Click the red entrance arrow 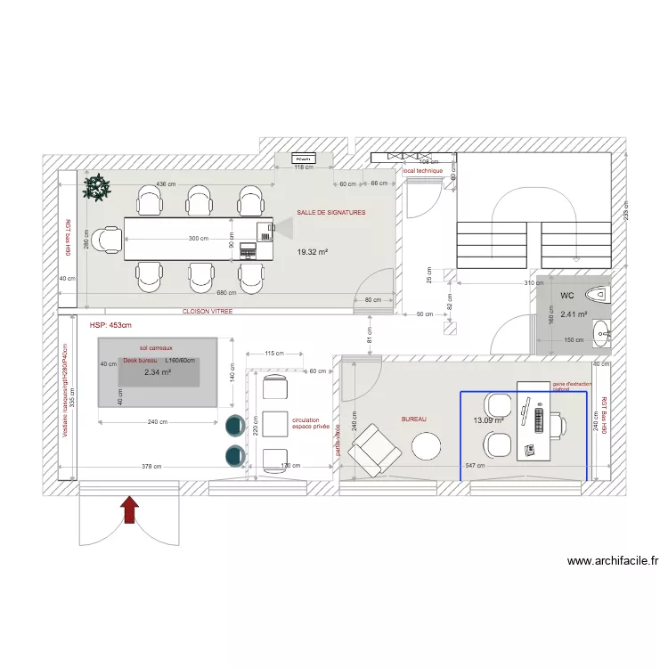[x=130, y=509]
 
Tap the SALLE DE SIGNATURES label [x=331, y=213]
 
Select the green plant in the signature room [x=95, y=187]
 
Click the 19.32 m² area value [x=313, y=252]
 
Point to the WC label [x=567, y=295]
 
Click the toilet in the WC [x=599, y=292]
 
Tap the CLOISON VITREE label [x=208, y=312]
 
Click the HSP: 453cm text [x=110, y=326]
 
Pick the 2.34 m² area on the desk [x=157, y=372]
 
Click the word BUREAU [x=413, y=418]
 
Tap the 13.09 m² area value [x=488, y=420]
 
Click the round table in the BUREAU [x=427, y=444]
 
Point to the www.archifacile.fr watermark [x=613, y=561]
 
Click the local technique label [x=422, y=170]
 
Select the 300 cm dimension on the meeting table [x=199, y=239]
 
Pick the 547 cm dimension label [x=475, y=466]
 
